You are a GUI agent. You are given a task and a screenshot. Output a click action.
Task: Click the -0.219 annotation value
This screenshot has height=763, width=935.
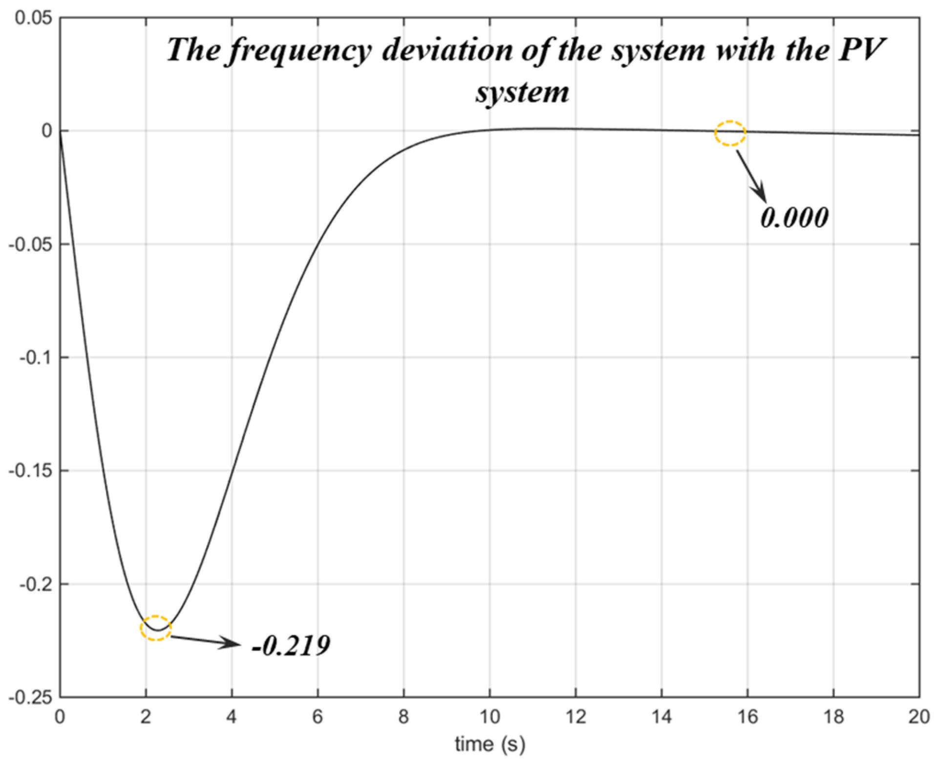[x=291, y=646]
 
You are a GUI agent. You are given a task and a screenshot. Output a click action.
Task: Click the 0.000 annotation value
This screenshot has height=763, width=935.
[x=794, y=218]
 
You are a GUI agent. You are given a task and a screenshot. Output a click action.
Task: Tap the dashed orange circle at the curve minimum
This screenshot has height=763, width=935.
[x=155, y=628]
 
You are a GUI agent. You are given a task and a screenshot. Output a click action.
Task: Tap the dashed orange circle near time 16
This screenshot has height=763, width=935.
[x=730, y=133]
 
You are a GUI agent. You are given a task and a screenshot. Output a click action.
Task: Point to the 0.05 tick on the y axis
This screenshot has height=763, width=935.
[x=33, y=18]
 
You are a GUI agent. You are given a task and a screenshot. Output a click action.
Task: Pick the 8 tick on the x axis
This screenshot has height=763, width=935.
[x=404, y=717]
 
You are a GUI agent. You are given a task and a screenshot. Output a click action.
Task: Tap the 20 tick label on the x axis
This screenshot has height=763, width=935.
[x=918, y=717]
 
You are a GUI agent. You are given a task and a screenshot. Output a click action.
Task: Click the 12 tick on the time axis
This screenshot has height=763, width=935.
[x=575, y=717]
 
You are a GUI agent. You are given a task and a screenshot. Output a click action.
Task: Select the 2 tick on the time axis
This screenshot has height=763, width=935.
[x=146, y=717]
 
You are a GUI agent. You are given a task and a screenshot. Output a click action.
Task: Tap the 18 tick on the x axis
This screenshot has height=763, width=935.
[x=833, y=717]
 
